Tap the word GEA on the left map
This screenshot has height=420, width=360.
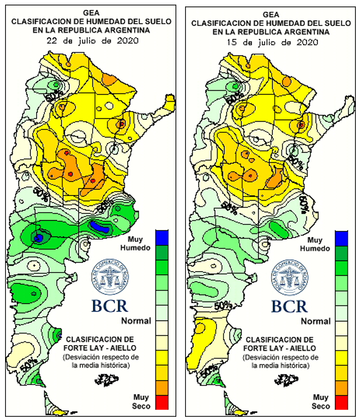click(91, 12)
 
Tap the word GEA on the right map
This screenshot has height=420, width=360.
click(271, 14)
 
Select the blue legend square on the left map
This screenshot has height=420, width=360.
click(161, 237)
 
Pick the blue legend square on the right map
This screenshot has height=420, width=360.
click(342, 238)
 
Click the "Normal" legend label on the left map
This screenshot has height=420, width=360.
click(136, 321)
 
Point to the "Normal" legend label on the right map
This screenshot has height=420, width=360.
click(317, 321)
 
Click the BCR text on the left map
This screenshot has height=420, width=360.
click(109, 306)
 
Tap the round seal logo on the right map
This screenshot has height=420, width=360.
click(290, 278)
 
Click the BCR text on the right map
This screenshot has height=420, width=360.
click(290, 306)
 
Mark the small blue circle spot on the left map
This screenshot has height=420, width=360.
click(39, 237)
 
